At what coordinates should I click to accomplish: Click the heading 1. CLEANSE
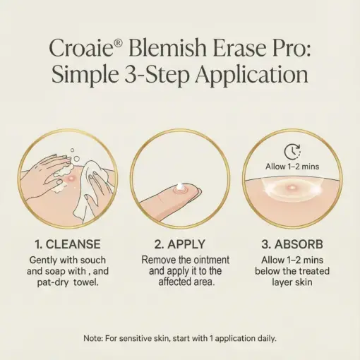(x=69, y=245)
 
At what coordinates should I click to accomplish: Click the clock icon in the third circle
(x=292, y=150)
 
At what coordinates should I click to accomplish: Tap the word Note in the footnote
(x=93, y=338)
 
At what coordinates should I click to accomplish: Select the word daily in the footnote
(x=263, y=338)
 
